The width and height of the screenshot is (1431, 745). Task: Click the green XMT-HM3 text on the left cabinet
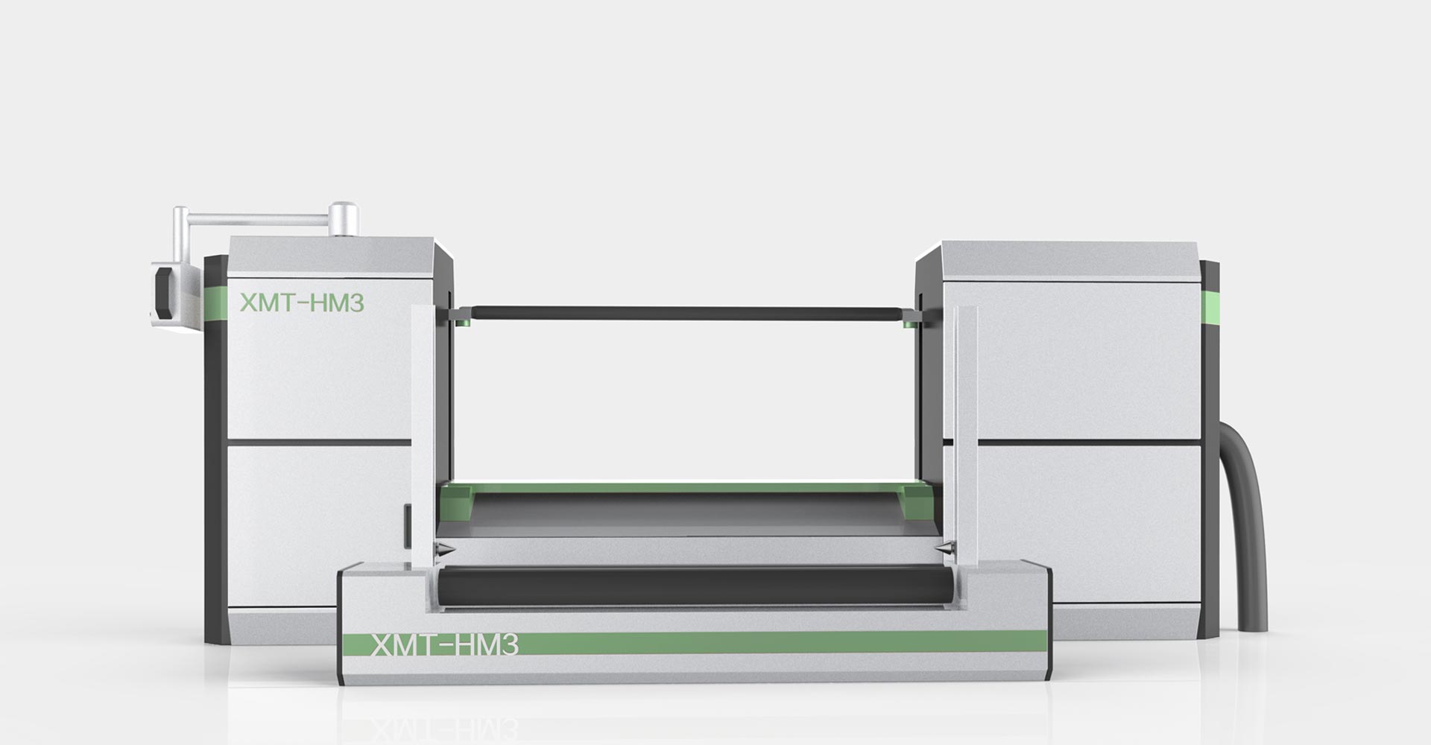(301, 302)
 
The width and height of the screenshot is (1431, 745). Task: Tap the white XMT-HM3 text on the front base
(444, 645)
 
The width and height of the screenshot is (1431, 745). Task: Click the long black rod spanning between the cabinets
(686, 314)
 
